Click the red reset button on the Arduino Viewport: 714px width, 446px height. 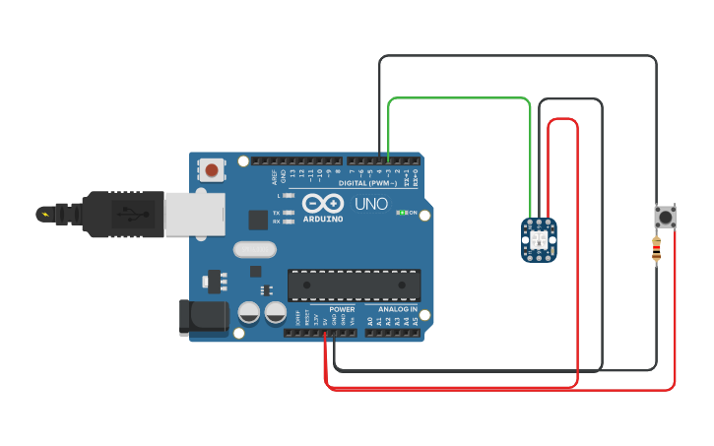pyautogui.click(x=212, y=170)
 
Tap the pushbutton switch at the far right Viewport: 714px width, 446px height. pyautogui.click(x=666, y=217)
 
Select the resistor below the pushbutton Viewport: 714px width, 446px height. pyautogui.click(x=657, y=251)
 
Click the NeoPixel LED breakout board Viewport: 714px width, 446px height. pyautogui.click(x=539, y=240)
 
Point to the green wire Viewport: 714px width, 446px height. pyautogui.click(x=458, y=98)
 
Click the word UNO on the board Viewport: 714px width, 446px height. pyautogui.click(x=371, y=205)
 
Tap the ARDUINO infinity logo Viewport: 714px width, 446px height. pyautogui.click(x=323, y=203)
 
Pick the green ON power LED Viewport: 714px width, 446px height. pyautogui.click(x=401, y=212)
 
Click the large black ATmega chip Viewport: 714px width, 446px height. pyautogui.click(x=354, y=285)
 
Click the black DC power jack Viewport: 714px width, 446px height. pyautogui.click(x=203, y=317)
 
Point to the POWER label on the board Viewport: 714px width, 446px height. pyautogui.click(x=342, y=309)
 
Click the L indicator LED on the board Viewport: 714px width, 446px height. pyautogui.click(x=289, y=196)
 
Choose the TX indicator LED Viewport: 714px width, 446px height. pyautogui.click(x=289, y=213)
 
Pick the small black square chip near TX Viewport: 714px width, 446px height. pyautogui.click(x=258, y=221)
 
